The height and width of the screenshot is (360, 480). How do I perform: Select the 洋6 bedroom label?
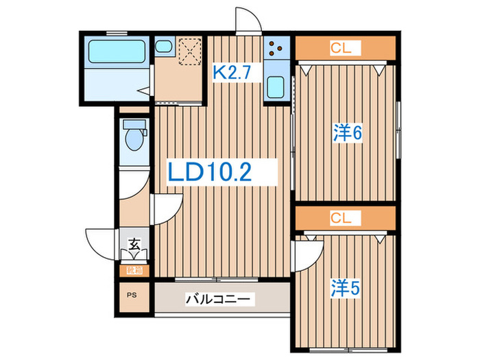[x=348, y=132]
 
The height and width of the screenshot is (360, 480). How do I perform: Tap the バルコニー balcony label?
[x=220, y=300]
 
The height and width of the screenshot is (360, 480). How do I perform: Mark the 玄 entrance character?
[x=135, y=244]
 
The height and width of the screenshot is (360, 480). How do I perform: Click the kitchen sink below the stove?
[x=278, y=86]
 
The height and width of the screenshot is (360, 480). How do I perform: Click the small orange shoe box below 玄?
[x=135, y=270]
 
